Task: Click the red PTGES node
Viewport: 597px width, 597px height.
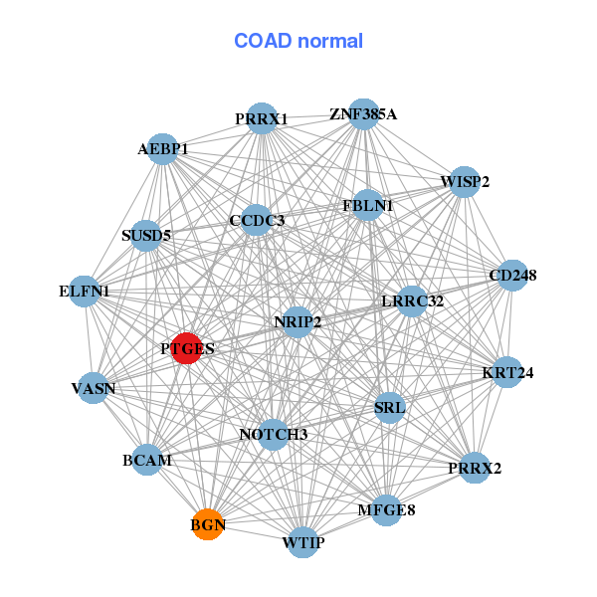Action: [x=186, y=348]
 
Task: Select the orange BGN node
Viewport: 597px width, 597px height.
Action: [x=207, y=524]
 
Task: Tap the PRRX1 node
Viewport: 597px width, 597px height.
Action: [x=262, y=118]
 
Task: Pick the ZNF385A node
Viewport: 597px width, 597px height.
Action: [x=363, y=114]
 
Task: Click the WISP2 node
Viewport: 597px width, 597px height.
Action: [x=465, y=181]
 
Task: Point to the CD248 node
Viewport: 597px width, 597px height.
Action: [x=511, y=275]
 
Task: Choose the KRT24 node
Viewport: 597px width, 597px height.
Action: [x=507, y=373]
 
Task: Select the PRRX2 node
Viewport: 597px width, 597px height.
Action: [x=475, y=467]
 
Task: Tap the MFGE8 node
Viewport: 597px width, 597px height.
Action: [x=386, y=510]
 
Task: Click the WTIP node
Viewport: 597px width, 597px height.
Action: [x=303, y=542]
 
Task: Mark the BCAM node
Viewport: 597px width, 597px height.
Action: [x=147, y=461]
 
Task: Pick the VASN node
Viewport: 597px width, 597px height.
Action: [x=94, y=387]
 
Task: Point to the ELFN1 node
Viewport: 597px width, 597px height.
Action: [x=85, y=292]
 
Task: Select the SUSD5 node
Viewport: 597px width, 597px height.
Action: [x=146, y=236]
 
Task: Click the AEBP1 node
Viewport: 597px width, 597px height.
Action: [x=162, y=149]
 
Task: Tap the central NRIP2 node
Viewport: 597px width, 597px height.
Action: [x=298, y=321]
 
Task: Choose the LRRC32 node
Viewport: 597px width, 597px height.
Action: [x=412, y=300]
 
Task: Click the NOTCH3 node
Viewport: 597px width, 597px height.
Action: [x=274, y=435]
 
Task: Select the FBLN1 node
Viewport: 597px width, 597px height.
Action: [x=367, y=206]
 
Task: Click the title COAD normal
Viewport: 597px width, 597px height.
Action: [x=298, y=42]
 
